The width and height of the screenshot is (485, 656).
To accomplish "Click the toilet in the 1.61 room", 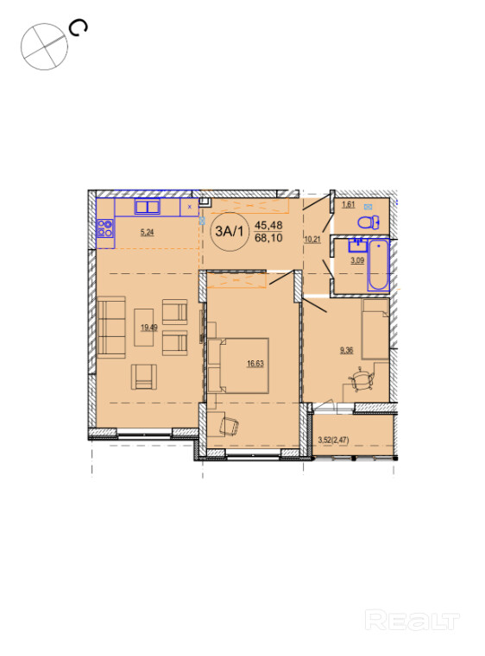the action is pos(368,222).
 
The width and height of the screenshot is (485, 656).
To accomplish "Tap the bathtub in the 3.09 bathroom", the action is pos(378,265).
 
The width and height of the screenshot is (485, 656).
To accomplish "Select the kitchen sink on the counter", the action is pos(147,207).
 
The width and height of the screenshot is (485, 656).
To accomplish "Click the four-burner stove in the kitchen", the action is pos(105,228).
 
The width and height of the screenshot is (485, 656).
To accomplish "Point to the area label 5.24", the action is pos(147,232).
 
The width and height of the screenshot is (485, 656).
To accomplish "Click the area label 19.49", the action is pos(149,328).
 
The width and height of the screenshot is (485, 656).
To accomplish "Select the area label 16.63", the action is pos(255,364).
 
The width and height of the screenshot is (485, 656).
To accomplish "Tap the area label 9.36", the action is pos(346,350).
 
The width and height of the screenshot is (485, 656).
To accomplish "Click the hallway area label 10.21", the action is pos(312,240).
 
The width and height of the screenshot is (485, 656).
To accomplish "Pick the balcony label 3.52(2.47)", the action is pos(333,440).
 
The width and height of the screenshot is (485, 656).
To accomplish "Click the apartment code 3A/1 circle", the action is pos(229,231).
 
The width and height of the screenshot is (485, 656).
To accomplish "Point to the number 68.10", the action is pos(268,238).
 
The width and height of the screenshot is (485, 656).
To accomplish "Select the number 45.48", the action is pos(268,225).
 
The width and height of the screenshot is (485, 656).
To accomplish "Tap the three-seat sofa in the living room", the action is pos(111,328).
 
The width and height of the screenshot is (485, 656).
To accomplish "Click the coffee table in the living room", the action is pos(143,328).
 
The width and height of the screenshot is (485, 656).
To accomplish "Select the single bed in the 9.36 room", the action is pos(375,328).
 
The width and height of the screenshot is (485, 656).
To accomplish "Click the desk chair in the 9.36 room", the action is pos(361,379).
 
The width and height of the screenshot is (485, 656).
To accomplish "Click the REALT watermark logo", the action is pos(413,620).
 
